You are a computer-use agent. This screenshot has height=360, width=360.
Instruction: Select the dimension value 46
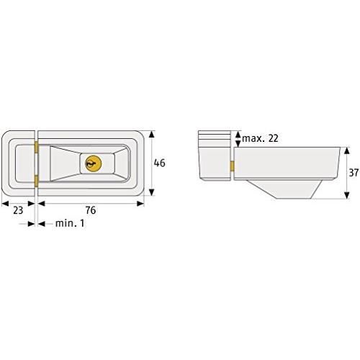click(x=159, y=163)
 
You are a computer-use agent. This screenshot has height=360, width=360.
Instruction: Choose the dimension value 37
click(x=352, y=173)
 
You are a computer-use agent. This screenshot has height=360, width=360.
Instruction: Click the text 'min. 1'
click(x=70, y=224)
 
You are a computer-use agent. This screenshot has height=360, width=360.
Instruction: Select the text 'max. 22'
click(x=260, y=138)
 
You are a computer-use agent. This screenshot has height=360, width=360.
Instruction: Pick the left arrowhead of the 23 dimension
click(x=4, y=203)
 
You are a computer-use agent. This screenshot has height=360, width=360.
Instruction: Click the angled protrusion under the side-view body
click(x=288, y=189)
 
